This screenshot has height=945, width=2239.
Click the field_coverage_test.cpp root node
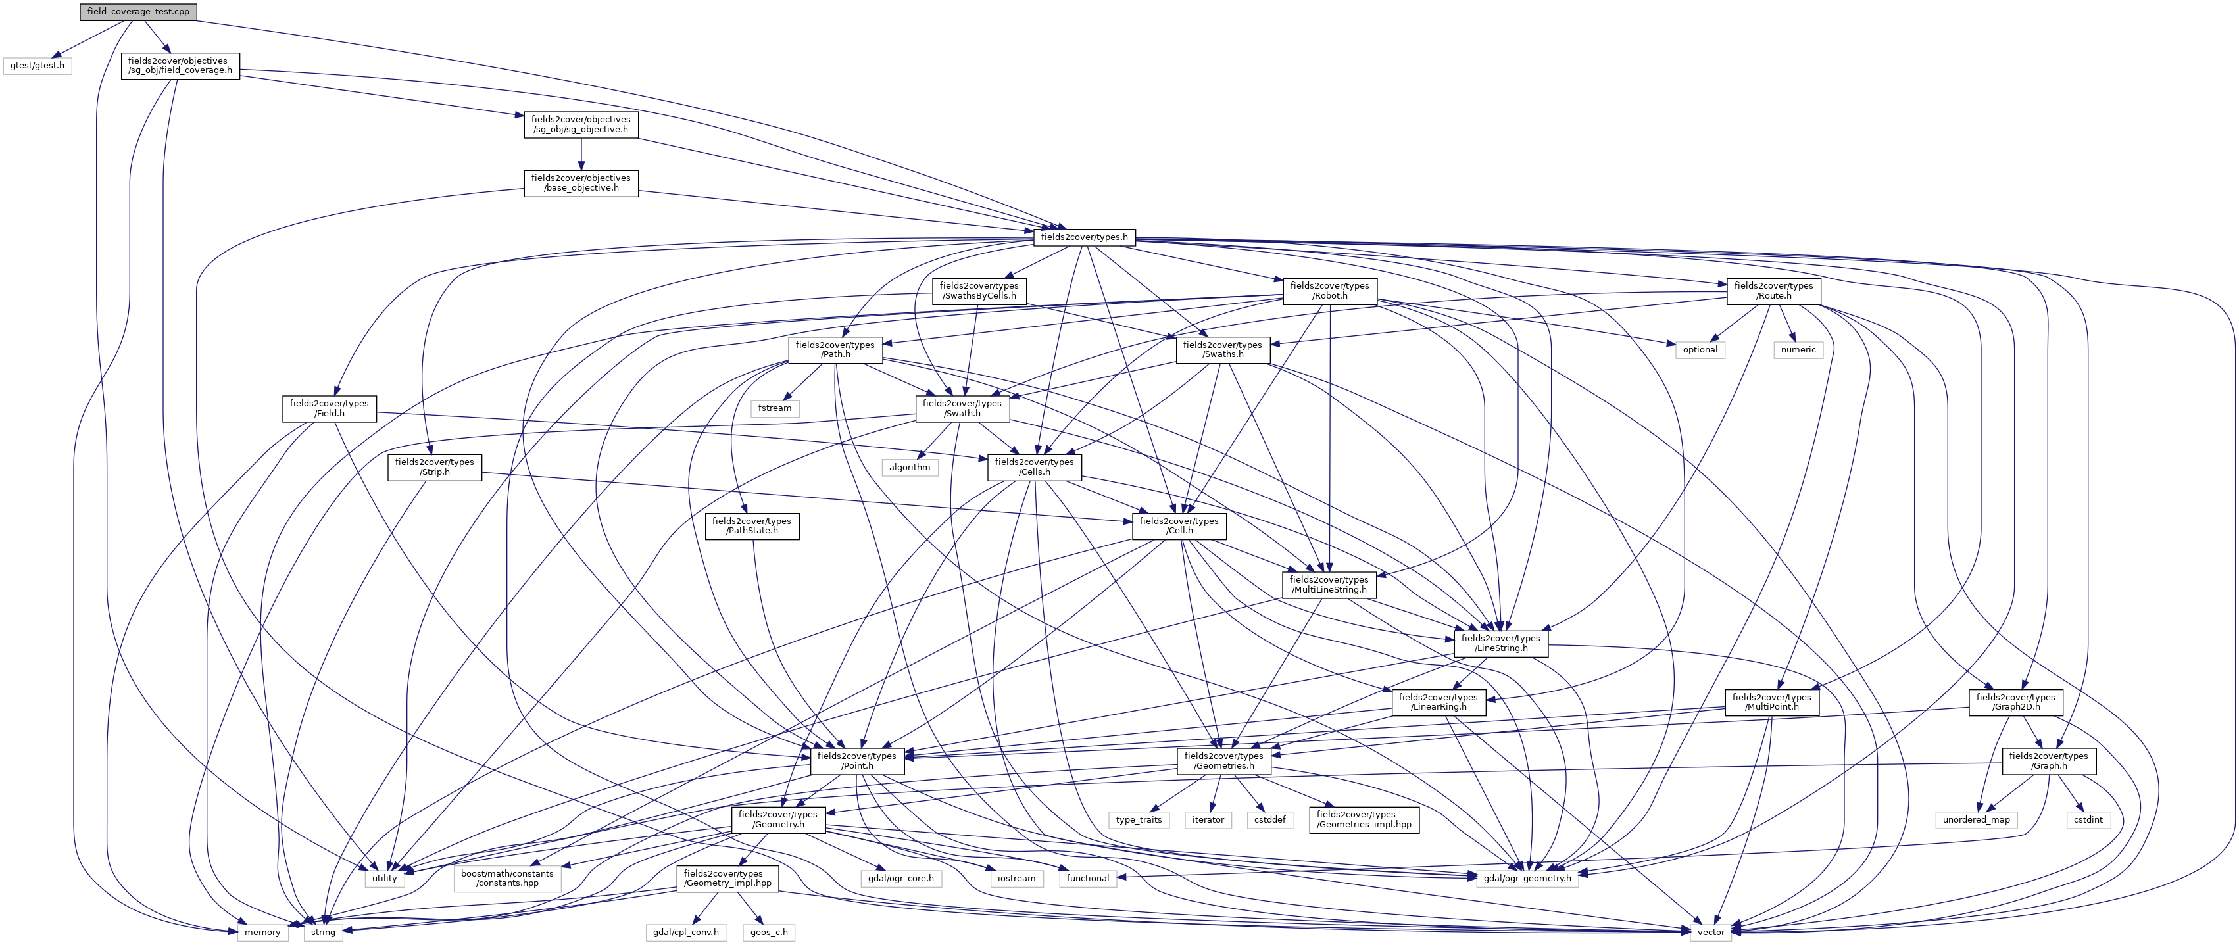(x=137, y=11)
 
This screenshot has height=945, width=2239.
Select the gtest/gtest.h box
(x=37, y=65)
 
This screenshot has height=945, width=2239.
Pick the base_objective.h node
(x=581, y=183)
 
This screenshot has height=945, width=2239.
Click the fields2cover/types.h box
(x=1084, y=237)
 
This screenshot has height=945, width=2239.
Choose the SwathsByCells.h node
(x=979, y=291)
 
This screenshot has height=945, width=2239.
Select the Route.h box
(x=1773, y=291)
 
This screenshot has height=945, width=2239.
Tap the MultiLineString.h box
(x=1328, y=584)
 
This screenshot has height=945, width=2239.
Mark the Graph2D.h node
(x=2015, y=702)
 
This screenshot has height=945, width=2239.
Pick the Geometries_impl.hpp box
(x=1363, y=819)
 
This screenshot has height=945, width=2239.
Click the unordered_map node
(x=1976, y=819)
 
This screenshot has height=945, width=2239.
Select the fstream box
(x=774, y=408)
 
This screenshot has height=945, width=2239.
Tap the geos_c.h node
(x=769, y=932)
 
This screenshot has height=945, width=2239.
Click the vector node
(x=1711, y=932)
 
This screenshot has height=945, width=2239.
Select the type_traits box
(x=1138, y=819)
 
